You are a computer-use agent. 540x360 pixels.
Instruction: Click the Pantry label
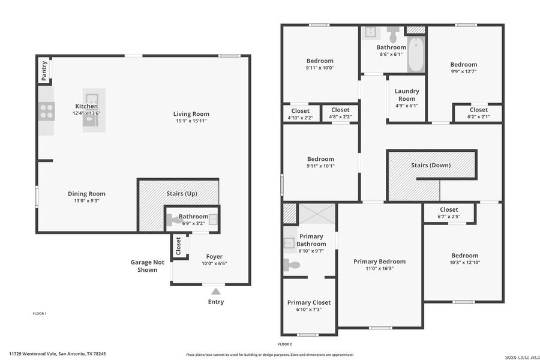[44, 70]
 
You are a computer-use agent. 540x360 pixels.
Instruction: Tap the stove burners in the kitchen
[46, 110]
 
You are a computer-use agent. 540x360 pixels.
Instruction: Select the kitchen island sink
[91, 99]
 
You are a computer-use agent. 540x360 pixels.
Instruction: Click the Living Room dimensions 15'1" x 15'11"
[191, 121]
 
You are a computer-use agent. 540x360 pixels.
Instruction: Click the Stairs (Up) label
[181, 194]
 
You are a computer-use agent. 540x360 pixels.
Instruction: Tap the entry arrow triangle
[215, 291]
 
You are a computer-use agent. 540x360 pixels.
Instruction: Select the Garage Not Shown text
[147, 266]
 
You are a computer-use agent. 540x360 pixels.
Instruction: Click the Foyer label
[214, 256]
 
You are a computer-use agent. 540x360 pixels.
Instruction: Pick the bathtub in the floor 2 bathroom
[415, 58]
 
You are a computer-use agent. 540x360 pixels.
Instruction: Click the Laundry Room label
[406, 95]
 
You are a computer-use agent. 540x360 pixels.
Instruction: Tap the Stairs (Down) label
[430, 165]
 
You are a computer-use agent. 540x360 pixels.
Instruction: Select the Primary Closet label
[308, 302]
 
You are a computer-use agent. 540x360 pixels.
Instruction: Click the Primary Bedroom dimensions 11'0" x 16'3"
[379, 269]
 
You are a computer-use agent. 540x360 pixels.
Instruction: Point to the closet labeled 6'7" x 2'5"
[449, 213]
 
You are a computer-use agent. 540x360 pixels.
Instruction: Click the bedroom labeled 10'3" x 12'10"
[464, 259]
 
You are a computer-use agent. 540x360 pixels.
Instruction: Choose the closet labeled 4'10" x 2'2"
[300, 113]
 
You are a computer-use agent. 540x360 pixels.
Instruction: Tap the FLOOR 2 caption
[284, 344]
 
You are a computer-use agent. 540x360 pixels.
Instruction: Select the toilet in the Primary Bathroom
[292, 265]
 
